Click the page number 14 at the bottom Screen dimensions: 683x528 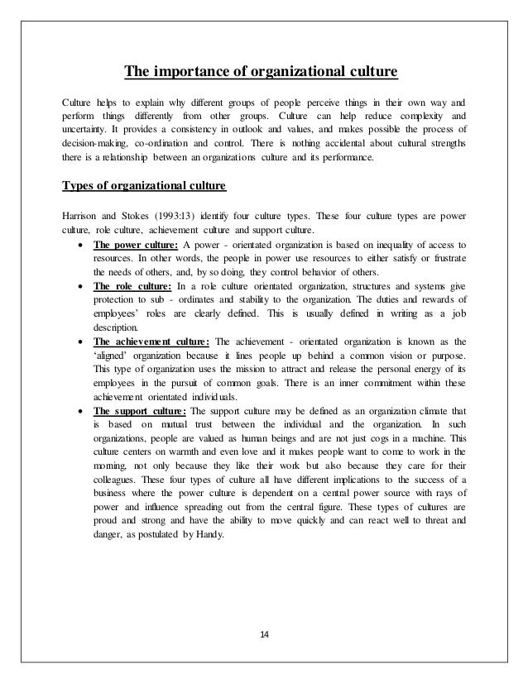click(264, 633)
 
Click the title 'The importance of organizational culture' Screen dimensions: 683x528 click(262, 72)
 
